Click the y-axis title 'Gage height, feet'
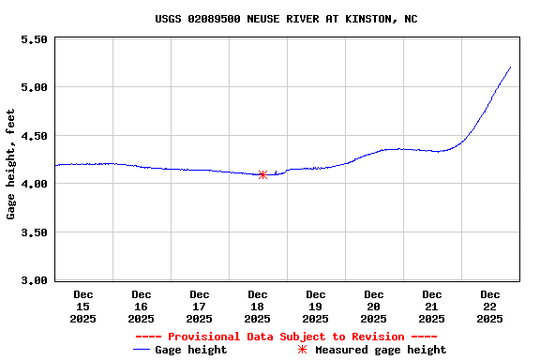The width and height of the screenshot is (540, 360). tap(11, 164)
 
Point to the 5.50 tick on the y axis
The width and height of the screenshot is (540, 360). tap(34, 40)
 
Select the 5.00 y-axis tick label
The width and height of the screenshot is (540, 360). tap(34, 88)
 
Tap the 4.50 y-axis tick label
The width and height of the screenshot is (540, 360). tap(34, 136)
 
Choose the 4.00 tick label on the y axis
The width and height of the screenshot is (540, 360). tap(34, 185)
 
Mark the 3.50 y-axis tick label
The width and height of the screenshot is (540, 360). tap(34, 232)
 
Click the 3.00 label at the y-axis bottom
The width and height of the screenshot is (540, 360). tap(34, 280)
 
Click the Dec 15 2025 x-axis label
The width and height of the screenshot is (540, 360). tap(83, 307)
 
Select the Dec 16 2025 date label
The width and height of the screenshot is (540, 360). tap(142, 307)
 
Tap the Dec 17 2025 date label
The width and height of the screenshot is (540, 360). tap(200, 307)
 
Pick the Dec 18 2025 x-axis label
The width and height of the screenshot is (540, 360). tap(258, 307)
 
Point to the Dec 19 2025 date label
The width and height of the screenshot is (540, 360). tap(316, 307)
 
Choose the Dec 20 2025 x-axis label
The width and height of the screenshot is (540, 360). tap(374, 307)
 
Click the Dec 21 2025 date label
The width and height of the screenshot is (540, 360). tap(432, 307)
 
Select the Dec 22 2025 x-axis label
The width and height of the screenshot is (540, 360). tap(490, 307)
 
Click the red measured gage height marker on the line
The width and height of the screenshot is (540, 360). tap(262, 174)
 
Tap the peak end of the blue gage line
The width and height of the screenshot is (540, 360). tap(510, 67)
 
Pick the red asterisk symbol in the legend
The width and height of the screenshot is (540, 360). tap(302, 350)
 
